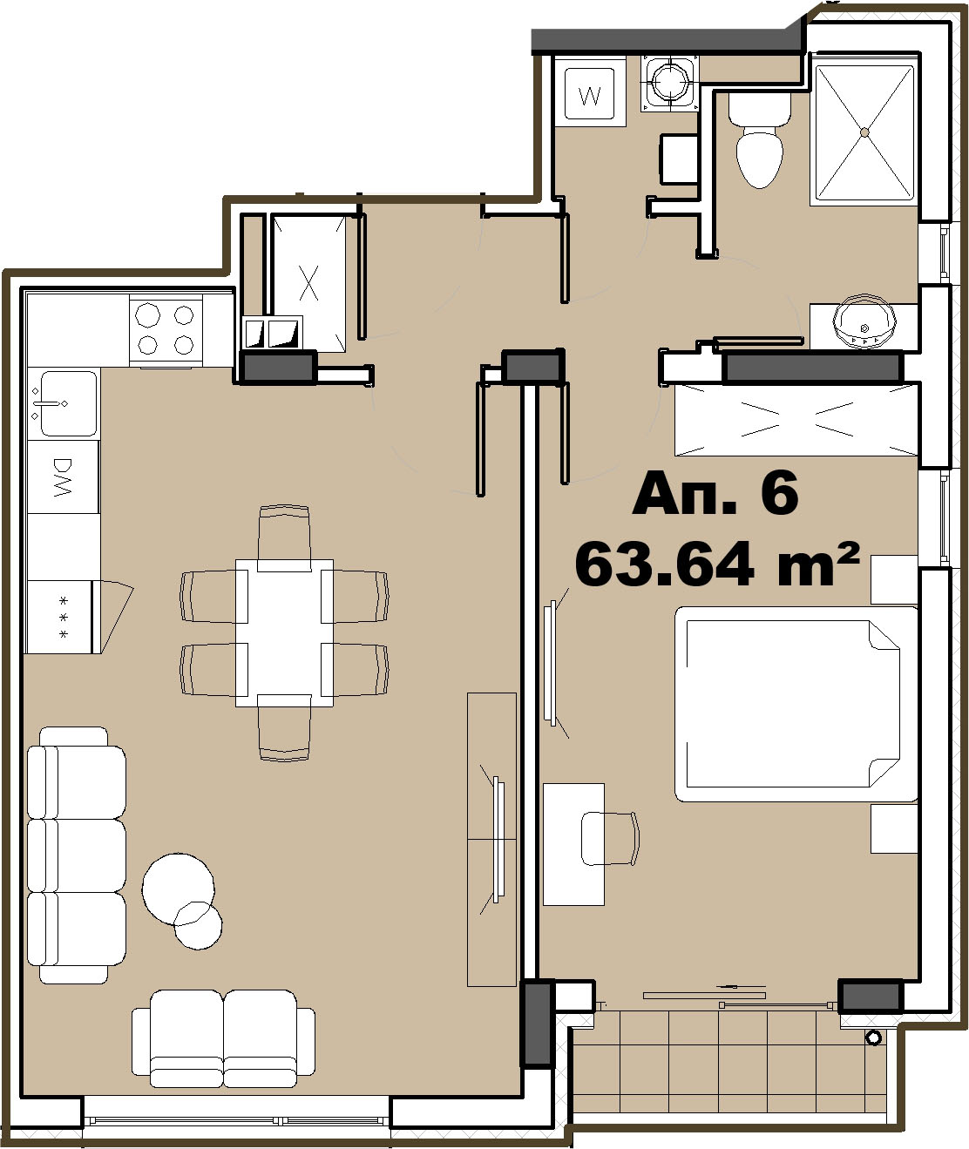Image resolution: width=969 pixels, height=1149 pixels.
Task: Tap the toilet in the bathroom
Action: [760, 140]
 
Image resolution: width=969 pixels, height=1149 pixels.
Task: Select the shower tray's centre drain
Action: [864, 132]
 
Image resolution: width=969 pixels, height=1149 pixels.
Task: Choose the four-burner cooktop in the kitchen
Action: [166, 329]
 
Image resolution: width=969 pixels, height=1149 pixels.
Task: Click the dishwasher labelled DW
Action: [64, 477]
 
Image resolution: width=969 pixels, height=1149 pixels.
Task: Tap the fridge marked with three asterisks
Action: [64, 617]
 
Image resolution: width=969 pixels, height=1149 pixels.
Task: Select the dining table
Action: [284, 632]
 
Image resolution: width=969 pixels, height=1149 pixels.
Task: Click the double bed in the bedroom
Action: [796, 704]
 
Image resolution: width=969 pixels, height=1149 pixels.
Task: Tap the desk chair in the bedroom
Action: [610, 838]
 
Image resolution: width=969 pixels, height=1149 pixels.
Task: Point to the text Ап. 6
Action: [715, 493]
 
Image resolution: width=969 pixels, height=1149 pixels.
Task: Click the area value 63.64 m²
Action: [717, 564]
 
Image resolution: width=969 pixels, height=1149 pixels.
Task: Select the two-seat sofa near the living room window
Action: [224, 1039]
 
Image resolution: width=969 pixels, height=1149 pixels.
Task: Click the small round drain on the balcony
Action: [874, 1037]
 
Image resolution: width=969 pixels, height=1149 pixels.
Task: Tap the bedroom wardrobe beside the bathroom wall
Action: [796, 421]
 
